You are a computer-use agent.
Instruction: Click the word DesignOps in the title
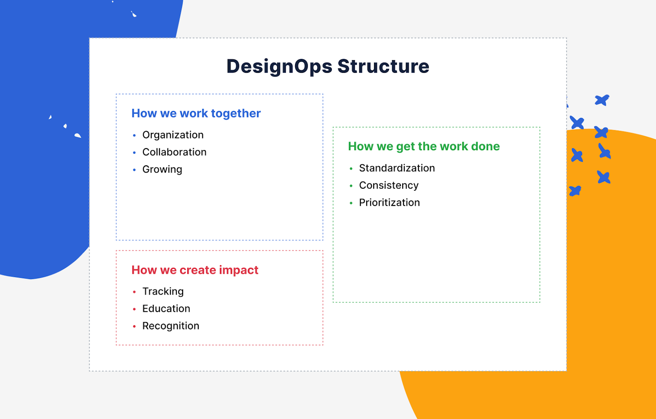pos(280,67)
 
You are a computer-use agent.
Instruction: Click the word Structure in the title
pos(383,67)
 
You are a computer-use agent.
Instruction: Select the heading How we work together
pos(196,113)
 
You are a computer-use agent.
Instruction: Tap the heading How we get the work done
pos(423,146)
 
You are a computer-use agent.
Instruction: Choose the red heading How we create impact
pos(195,270)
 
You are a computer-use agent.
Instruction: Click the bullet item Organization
pos(172,135)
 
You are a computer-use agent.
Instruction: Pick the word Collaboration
pos(174,152)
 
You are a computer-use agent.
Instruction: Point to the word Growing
pos(162,169)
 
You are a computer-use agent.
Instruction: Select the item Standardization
pos(396,168)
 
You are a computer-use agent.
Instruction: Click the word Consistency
pos(388,185)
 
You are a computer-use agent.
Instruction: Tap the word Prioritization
pos(389,203)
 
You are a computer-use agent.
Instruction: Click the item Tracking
pos(163,291)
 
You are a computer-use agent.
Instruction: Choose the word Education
pos(166,309)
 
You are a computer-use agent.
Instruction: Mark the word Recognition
pos(170,326)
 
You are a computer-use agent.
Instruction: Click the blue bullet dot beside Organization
pos(134,135)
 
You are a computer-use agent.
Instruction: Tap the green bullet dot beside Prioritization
pos(351,203)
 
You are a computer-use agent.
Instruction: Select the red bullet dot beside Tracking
pos(134,292)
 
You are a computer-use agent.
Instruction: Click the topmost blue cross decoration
pos(602,100)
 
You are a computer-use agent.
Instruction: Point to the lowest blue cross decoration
pos(575,191)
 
